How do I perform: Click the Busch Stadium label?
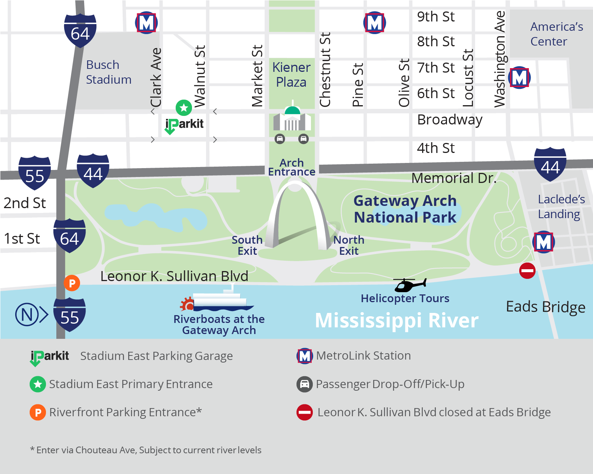pos(108,72)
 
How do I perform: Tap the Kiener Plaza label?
pos(291,75)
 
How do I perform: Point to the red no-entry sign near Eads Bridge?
pos(527,271)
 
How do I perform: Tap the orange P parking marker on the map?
pos(72,283)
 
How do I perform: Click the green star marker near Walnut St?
pos(184,108)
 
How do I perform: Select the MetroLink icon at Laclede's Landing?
pos(543,242)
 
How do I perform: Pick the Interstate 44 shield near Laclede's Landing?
pos(550,165)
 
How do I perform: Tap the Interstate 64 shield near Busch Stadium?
pos(80,31)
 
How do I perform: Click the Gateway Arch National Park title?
pos(405,209)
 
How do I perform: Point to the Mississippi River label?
pos(397,320)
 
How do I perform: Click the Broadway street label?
pos(450,120)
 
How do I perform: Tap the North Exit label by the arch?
pos(349,245)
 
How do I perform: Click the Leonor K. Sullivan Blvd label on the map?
pos(174,276)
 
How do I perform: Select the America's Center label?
pos(556,34)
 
